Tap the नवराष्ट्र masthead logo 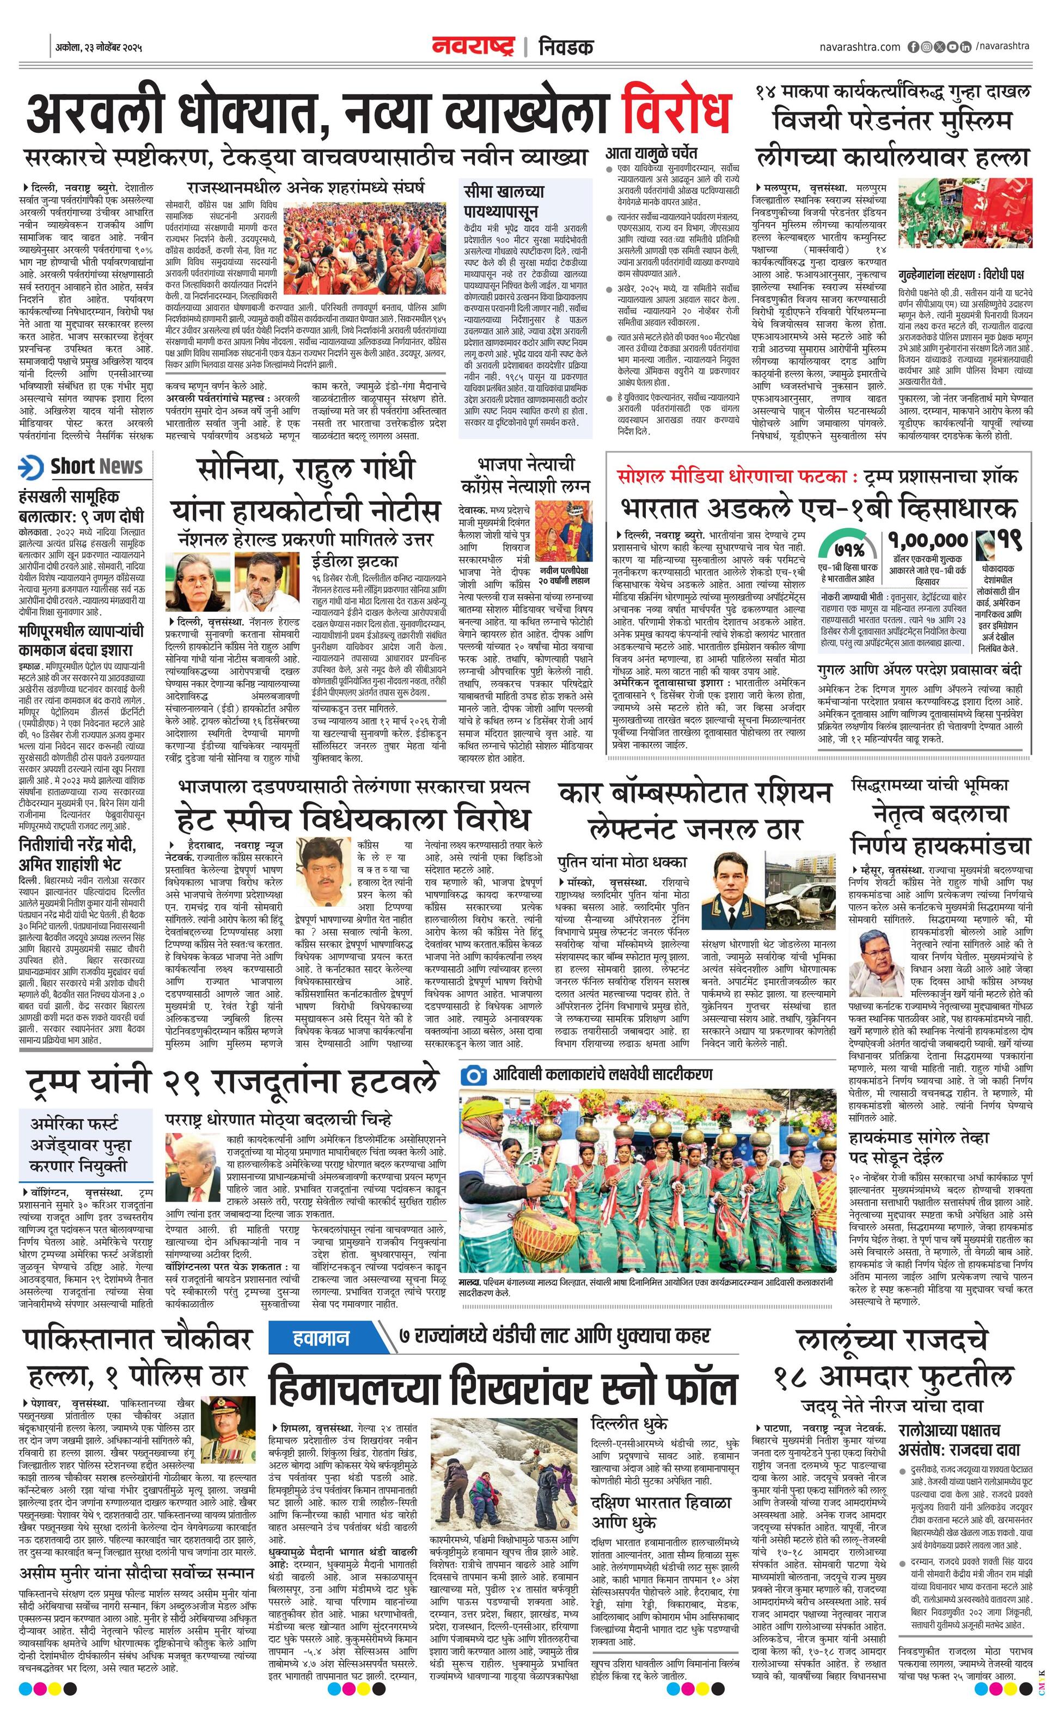(x=473, y=46)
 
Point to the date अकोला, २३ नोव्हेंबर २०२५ (x=99, y=48)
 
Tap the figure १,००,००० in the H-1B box (x=928, y=541)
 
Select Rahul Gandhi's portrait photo (x=265, y=582)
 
